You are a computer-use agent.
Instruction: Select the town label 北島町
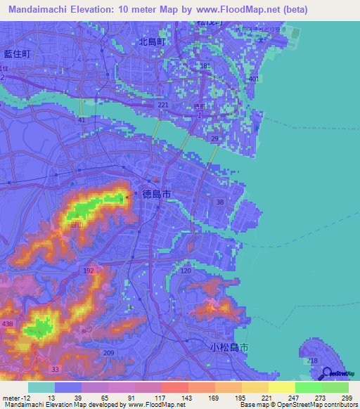(151, 42)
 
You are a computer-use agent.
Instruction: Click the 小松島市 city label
(229, 347)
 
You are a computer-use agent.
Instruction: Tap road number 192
(89, 270)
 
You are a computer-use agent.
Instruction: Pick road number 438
(8, 323)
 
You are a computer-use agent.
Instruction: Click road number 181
(205, 66)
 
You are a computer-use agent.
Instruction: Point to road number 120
(186, 271)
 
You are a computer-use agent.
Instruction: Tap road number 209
(108, 353)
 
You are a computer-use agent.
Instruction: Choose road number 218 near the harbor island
(312, 361)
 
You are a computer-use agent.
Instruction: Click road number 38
(220, 202)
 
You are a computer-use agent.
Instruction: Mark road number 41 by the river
(82, 120)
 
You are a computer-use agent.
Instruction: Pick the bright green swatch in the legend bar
(308, 387)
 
